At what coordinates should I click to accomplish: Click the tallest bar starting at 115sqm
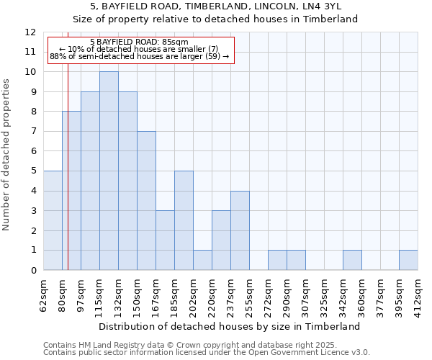[x=109, y=171]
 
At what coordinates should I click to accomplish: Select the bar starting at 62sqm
[x=53, y=220]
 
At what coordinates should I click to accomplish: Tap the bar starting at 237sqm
[x=240, y=230]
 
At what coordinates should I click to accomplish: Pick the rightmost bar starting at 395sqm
[x=408, y=260]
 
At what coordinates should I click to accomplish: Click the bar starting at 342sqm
[x=352, y=260]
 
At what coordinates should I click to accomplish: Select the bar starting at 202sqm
[x=202, y=260]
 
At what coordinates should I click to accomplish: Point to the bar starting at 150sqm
[x=146, y=200]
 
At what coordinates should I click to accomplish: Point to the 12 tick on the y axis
[x=30, y=32]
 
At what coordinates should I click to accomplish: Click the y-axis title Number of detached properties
[x=7, y=155]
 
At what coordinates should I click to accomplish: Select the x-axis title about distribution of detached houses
[x=230, y=326]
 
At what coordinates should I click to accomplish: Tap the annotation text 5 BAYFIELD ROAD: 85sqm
[x=139, y=42]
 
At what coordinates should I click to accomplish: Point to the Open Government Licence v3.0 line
[x=207, y=353]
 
